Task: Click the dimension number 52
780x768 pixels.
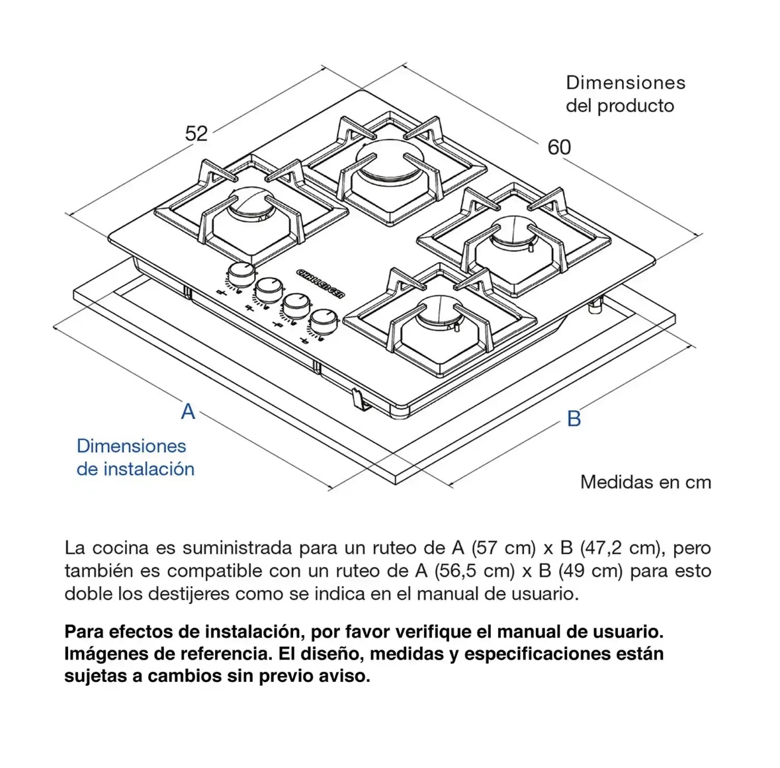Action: pos(196,134)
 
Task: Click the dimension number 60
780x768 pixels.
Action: pos(559,147)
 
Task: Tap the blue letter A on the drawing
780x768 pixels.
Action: pos(189,411)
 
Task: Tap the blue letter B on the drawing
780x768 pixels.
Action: pos(574,419)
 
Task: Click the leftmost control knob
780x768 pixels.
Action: pos(241,273)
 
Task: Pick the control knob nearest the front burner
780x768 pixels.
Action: pos(322,321)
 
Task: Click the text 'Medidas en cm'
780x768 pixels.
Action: pos(646,482)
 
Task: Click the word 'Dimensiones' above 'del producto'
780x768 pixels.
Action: pos(625,83)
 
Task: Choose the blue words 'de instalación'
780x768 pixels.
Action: pos(136,469)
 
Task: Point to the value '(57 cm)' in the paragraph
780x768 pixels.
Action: pos(503,548)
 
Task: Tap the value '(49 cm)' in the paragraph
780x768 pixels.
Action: pos(590,570)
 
